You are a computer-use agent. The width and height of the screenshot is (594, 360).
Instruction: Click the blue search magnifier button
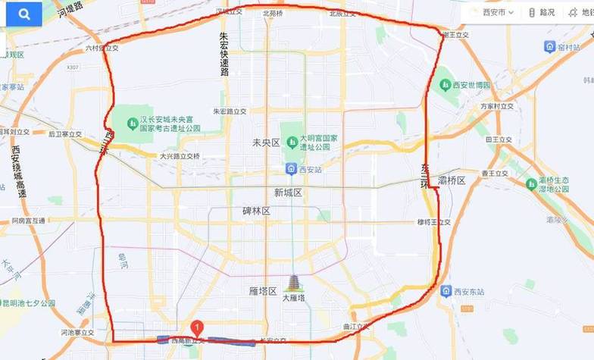pyautogui.click(x=24, y=14)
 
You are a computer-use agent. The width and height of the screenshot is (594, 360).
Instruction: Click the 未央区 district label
pyautogui.click(x=265, y=142)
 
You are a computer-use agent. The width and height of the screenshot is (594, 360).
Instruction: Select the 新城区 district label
pyautogui.click(x=288, y=193)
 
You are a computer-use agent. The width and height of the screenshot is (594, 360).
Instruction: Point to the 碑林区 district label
pyautogui.click(x=256, y=211)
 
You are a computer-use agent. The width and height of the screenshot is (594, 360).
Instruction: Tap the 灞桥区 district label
pyautogui.click(x=450, y=180)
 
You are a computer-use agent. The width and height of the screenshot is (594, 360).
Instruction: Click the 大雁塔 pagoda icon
pyautogui.click(x=292, y=283)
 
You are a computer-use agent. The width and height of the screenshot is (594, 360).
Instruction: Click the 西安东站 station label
pyautogui.click(x=472, y=291)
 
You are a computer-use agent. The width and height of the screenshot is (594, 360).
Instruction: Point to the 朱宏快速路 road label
pyautogui.click(x=224, y=53)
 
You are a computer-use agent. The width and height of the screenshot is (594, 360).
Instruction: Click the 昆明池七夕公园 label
pyautogui.click(x=29, y=303)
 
